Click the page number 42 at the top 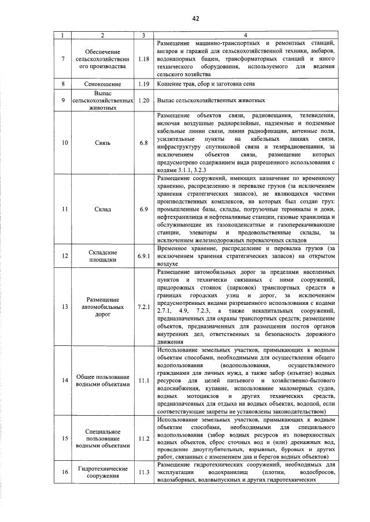196,18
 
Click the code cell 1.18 144,59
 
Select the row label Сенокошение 102,84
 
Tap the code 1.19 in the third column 144,84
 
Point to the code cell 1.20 144,100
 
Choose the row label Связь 102,141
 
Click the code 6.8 144,141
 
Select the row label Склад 102,208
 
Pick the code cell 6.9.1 144,255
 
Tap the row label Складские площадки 102,256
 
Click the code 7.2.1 144,306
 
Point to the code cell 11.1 144,380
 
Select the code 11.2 144,438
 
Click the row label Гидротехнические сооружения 102,474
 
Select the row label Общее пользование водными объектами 102,380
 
